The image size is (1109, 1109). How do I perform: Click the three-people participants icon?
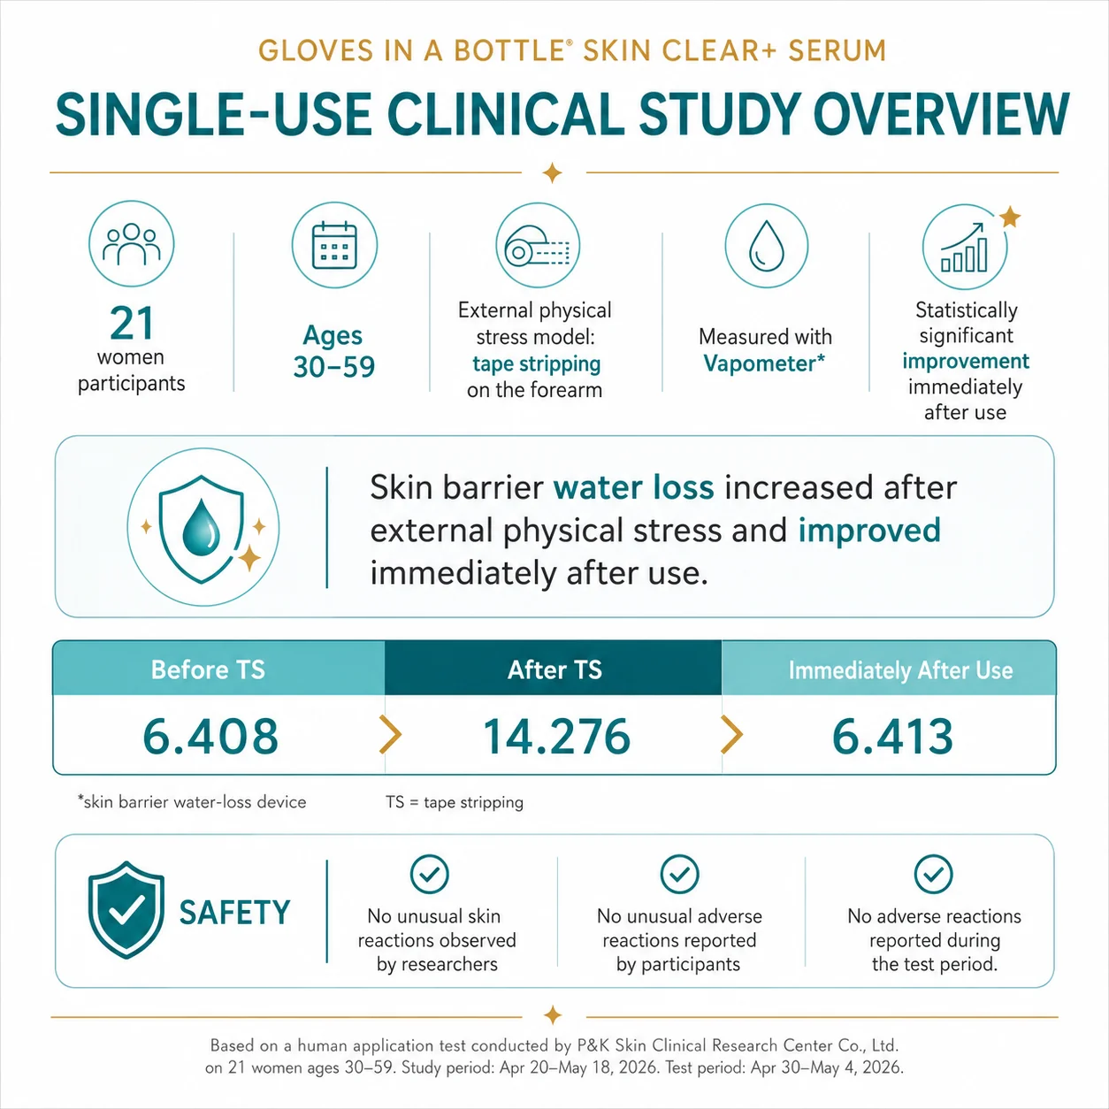131,244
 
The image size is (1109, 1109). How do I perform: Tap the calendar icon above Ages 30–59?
334,245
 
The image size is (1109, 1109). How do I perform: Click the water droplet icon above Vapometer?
767,246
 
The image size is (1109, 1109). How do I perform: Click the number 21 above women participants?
132,324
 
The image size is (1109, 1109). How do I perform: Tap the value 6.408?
210,736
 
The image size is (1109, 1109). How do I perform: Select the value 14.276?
556,736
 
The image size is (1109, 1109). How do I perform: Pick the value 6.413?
892,736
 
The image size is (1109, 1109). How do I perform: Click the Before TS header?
208,669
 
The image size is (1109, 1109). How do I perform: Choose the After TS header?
554,669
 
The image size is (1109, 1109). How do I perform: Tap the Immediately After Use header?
900,670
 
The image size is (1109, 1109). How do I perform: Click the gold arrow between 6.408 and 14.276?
390,734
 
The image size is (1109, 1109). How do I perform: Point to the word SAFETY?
235,913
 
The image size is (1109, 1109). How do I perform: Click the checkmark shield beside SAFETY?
126,910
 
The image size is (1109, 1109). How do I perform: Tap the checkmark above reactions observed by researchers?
429,874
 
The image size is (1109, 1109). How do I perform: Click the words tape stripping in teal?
537,364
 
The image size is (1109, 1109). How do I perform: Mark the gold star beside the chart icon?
1010,218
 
